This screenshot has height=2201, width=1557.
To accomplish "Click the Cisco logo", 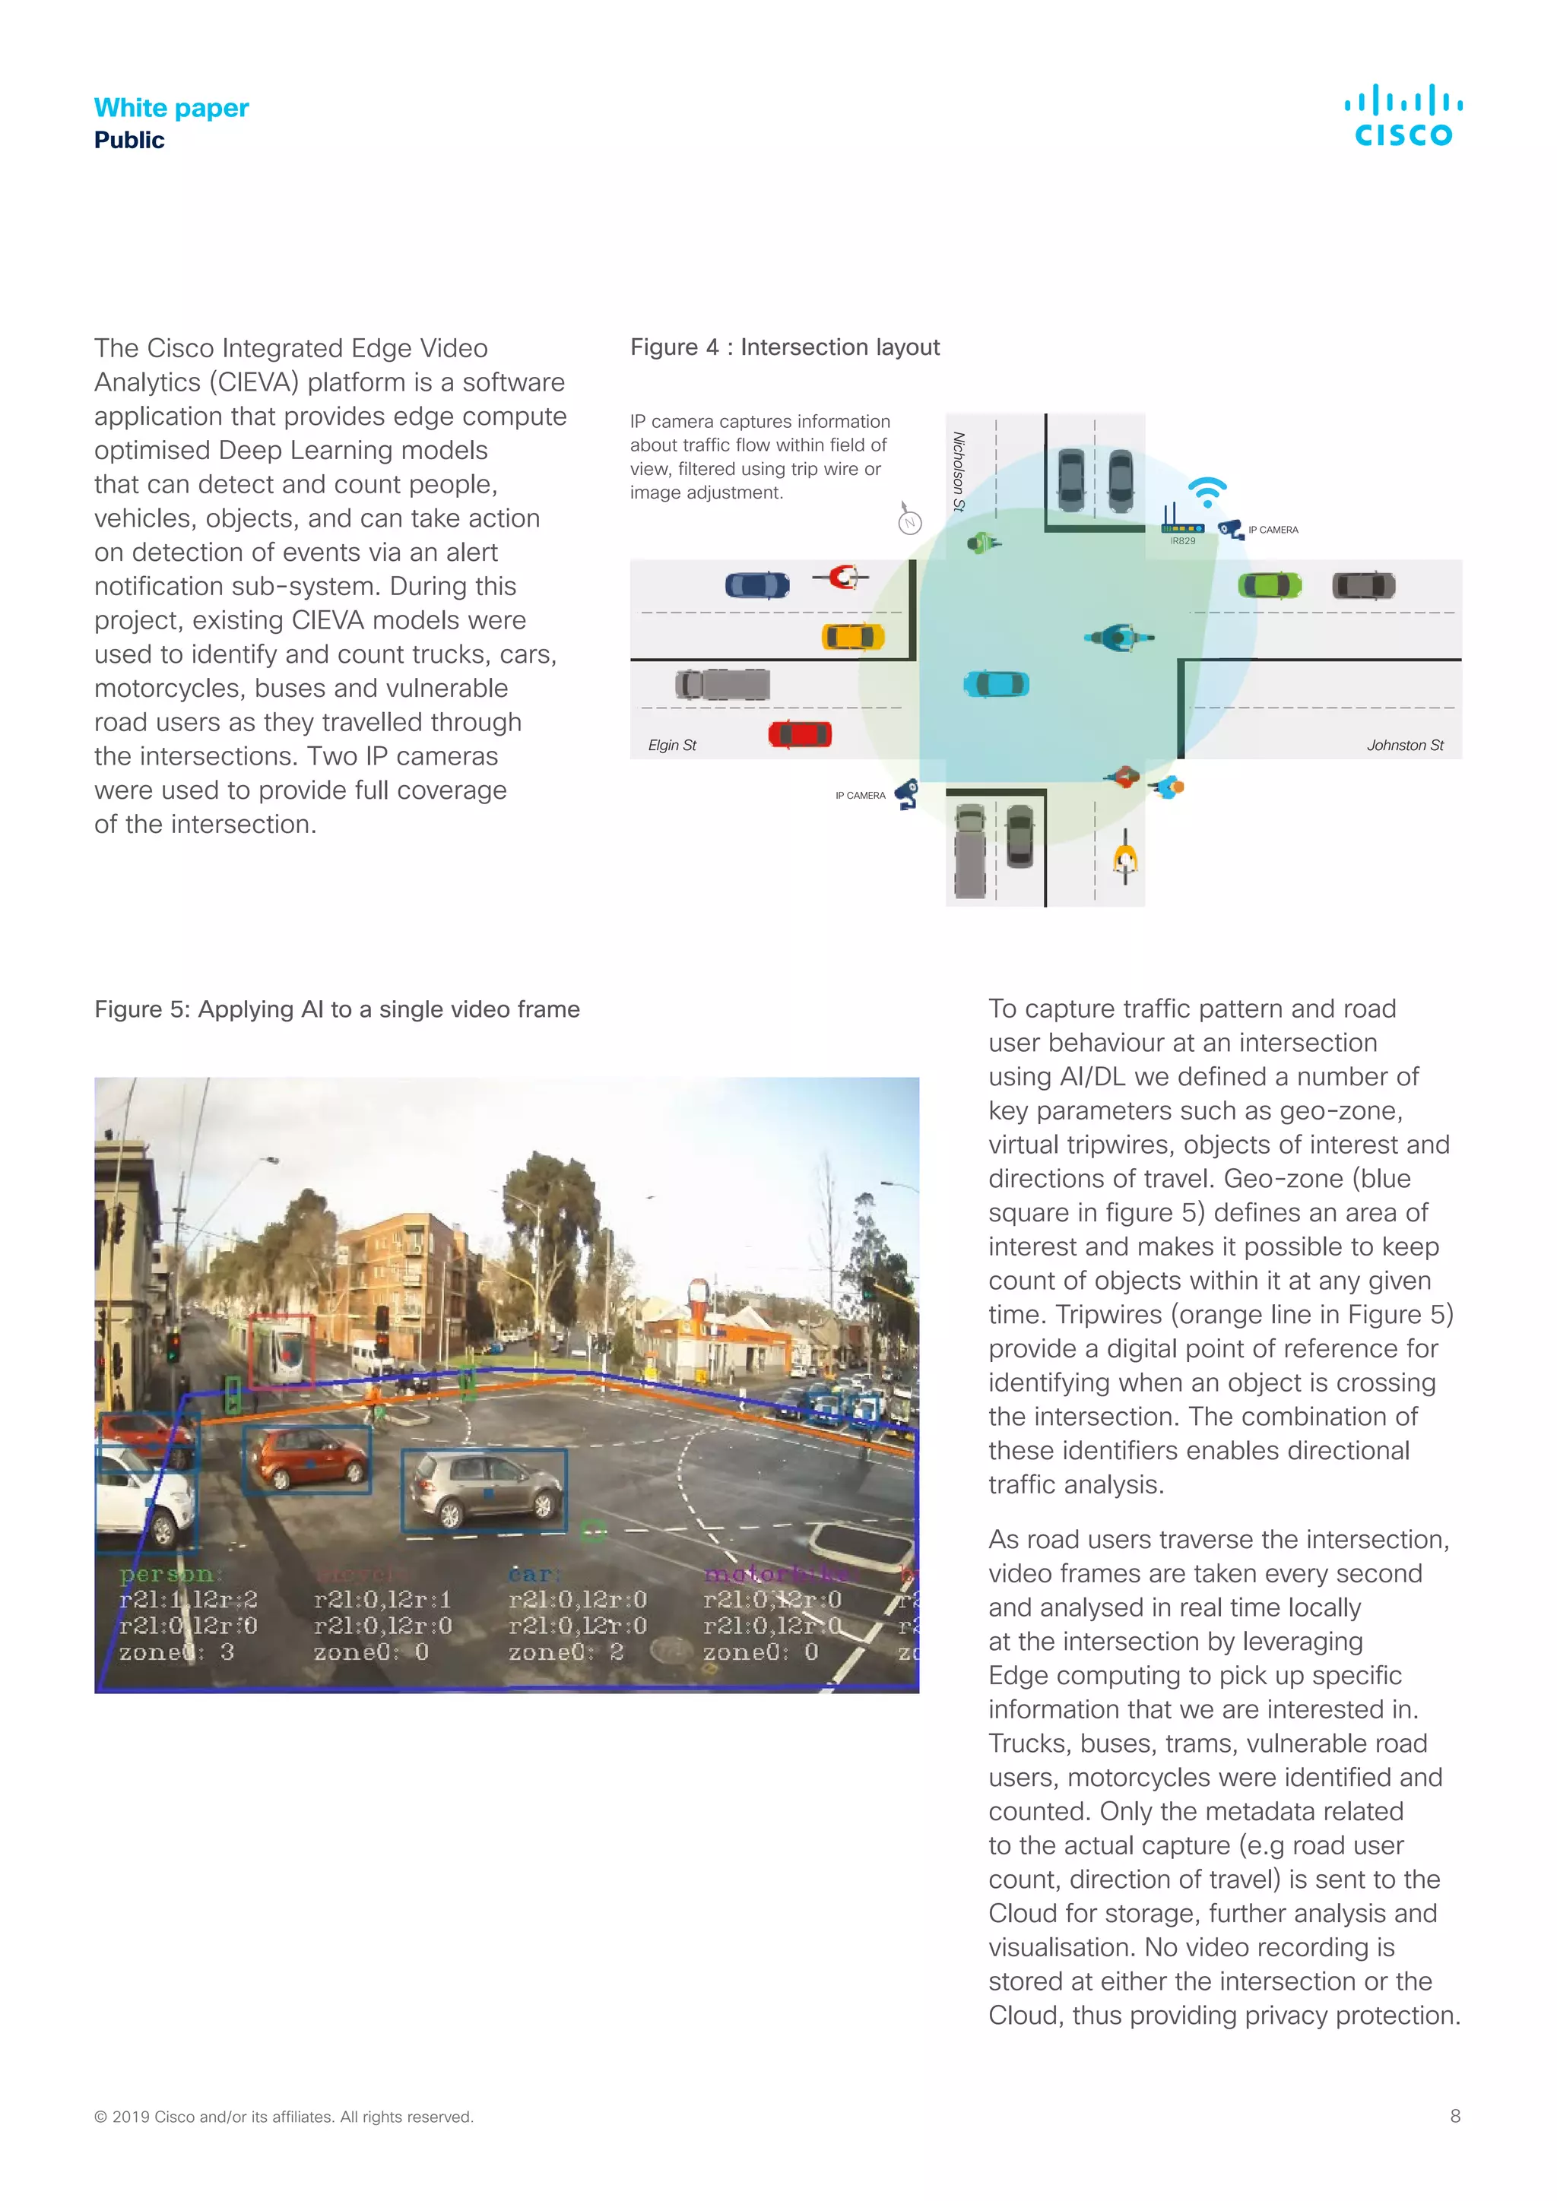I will tap(1403, 116).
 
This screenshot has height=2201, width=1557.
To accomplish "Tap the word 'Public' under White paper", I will tap(129, 140).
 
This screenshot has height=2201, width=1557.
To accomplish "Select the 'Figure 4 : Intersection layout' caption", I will tap(785, 347).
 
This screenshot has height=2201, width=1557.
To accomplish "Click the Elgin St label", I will tap(671, 745).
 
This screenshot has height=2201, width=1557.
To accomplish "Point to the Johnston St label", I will tap(1404, 745).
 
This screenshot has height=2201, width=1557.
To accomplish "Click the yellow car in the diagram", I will tap(852, 637).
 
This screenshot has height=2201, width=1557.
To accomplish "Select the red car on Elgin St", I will tap(800, 734).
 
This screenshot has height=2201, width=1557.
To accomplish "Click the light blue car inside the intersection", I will tap(996, 683).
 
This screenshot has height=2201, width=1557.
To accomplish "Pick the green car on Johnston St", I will tap(1270, 584).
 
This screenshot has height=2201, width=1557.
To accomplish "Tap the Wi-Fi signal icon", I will tap(1208, 492).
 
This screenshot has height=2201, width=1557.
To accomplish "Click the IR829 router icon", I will tap(1182, 524).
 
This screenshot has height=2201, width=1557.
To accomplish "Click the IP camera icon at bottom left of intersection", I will tap(906, 793).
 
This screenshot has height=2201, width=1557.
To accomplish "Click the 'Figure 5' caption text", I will tap(337, 1009).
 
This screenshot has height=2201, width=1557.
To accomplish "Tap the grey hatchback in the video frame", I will tap(484, 1489).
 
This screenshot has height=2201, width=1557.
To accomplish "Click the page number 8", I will tap(1454, 2116).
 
